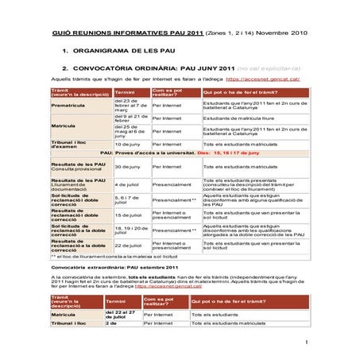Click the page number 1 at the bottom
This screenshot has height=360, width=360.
[305, 343]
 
